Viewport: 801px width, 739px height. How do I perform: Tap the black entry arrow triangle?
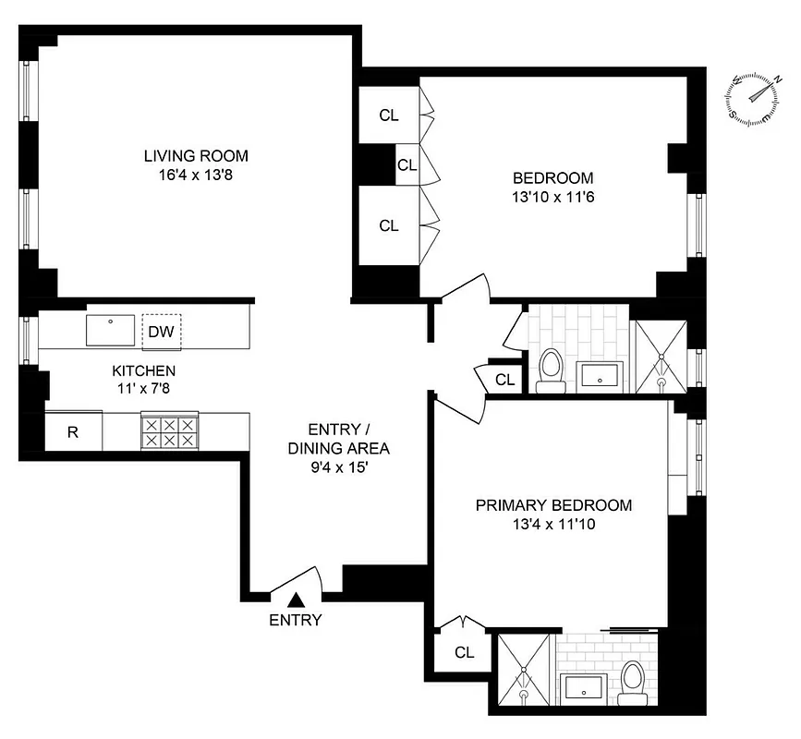pyautogui.click(x=296, y=601)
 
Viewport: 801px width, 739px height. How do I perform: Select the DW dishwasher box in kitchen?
pyautogui.click(x=162, y=330)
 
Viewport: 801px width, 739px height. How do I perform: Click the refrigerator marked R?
pyautogui.click(x=73, y=431)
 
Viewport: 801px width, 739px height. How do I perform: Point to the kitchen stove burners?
pyautogui.click(x=168, y=431)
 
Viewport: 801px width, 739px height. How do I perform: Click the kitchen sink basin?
pyautogui.click(x=110, y=330)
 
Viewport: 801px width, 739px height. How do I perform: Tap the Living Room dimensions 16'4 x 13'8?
pyautogui.click(x=195, y=175)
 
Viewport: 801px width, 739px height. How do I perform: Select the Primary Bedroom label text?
pyautogui.click(x=553, y=505)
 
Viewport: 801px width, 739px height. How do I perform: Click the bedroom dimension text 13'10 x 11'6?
pyautogui.click(x=553, y=197)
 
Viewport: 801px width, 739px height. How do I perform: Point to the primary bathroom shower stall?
pyautogui.click(x=526, y=672)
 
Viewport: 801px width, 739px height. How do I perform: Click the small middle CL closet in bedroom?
pyautogui.click(x=407, y=165)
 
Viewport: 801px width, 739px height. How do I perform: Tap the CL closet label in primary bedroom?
pyautogui.click(x=464, y=652)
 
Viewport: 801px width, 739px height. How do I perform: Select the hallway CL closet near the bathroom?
pyautogui.click(x=504, y=379)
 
